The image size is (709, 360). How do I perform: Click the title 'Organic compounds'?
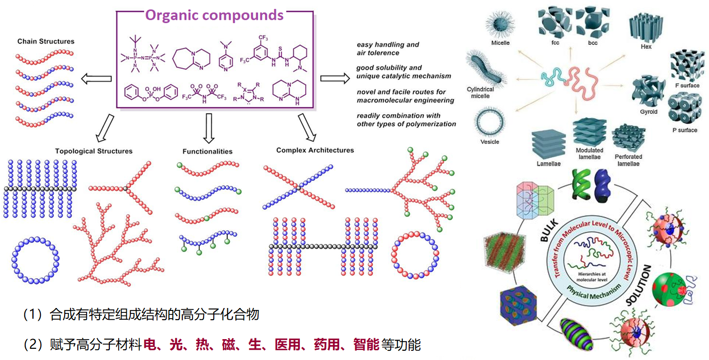tap(214, 15)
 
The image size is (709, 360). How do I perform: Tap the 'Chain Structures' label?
tap(46, 41)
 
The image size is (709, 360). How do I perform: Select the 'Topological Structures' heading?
tap(94, 151)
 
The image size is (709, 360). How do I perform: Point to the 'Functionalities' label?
tap(208, 152)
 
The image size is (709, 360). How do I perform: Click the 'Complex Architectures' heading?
tap(315, 150)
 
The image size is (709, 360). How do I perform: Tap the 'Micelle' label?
tap(501, 43)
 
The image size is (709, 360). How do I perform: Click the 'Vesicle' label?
tap(489, 142)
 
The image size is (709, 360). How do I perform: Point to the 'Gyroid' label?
tap(649, 112)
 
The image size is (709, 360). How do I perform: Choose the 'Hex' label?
tap(646, 47)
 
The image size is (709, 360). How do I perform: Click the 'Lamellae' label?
tap(548, 164)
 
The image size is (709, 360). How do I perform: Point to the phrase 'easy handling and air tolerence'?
tap(387, 49)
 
